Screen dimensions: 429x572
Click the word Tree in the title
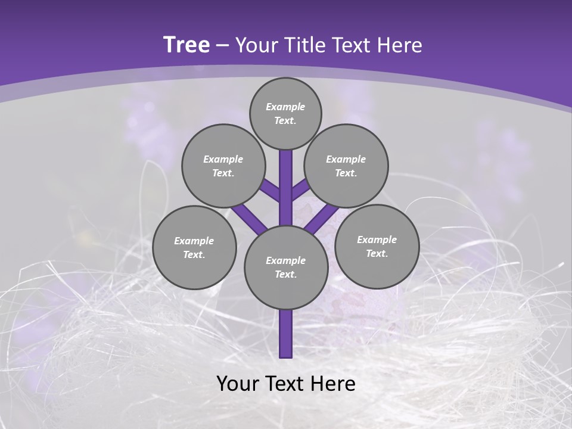(x=186, y=45)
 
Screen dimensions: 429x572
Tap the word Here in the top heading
(x=401, y=45)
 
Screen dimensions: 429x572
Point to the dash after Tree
(x=223, y=46)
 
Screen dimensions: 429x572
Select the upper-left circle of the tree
(x=223, y=166)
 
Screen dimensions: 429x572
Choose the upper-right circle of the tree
(x=346, y=166)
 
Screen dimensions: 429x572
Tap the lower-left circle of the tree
(x=194, y=247)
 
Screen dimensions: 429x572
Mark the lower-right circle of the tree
(x=377, y=246)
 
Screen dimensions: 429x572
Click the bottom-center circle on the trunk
(x=285, y=267)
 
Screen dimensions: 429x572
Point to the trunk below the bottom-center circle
(x=285, y=334)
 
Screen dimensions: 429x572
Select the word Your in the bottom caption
(x=237, y=384)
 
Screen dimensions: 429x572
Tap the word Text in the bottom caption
(x=284, y=384)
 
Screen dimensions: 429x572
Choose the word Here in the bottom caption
(x=332, y=384)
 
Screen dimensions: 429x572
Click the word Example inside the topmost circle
(x=285, y=107)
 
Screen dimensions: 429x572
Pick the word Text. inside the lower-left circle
(x=194, y=254)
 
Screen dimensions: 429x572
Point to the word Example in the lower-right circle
(x=377, y=240)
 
